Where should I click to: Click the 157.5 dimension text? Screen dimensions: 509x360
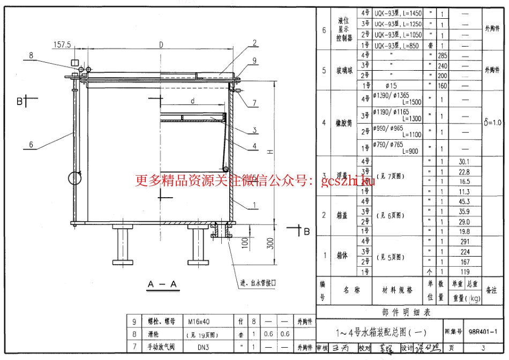[x=63, y=45]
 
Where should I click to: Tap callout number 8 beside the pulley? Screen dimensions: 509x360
[x=31, y=55]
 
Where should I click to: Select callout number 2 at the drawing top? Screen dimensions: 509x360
[x=255, y=43]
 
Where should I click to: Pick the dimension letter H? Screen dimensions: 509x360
[x=271, y=151]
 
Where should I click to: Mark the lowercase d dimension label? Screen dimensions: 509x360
[x=192, y=101]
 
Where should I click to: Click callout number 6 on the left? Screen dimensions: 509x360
[x=31, y=144]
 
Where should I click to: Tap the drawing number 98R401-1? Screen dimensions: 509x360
[x=485, y=332]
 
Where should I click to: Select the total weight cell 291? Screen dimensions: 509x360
[x=465, y=242]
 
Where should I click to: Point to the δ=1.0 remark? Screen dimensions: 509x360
[x=492, y=123]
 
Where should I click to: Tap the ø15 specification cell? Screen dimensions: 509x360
[x=391, y=86]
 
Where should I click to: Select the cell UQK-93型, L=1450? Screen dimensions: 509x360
[x=398, y=13]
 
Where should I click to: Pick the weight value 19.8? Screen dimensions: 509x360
[x=465, y=231]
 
